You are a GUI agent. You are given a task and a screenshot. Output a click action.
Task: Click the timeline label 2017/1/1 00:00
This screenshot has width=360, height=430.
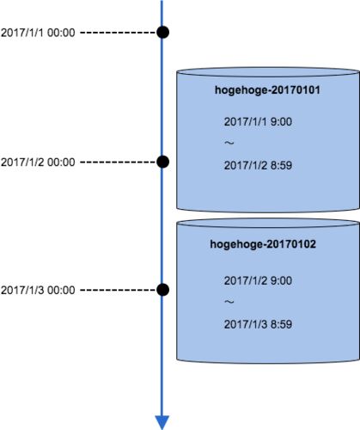click(x=38, y=33)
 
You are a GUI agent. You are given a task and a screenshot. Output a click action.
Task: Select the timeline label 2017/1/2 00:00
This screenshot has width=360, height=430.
click(x=38, y=163)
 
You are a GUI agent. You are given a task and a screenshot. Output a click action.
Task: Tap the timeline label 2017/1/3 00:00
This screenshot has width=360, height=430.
click(x=38, y=290)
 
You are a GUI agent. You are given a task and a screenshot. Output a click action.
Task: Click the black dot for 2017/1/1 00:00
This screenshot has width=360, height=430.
click(x=162, y=32)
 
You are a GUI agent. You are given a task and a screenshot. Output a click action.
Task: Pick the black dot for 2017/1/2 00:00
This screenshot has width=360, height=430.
click(x=162, y=162)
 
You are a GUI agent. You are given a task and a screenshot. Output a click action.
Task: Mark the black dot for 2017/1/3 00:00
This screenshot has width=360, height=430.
click(x=162, y=290)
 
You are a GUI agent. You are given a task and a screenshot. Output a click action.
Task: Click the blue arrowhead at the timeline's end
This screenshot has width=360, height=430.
click(x=162, y=422)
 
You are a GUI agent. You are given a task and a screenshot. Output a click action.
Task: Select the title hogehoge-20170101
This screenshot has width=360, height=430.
click(x=267, y=90)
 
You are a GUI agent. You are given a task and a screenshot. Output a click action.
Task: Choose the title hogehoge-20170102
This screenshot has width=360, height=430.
click(x=263, y=244)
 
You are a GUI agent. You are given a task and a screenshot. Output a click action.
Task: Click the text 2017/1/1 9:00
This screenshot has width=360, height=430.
click(x=258, y=121)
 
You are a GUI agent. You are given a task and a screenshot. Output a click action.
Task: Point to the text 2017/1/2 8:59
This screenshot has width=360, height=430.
click(x=258, y=165)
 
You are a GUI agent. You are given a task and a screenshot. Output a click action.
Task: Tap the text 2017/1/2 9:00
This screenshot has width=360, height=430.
click(x=258, y=280)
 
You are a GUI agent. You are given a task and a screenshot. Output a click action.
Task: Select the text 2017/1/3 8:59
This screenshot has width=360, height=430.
click(x=258, y=324)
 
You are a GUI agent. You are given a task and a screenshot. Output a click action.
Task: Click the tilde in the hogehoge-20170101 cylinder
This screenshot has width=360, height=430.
click(x=229, y=143)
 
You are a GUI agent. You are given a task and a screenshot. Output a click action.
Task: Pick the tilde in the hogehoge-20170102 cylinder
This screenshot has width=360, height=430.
click(x=229, y=302)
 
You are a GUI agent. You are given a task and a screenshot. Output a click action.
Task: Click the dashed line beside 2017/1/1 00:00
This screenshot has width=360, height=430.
click(x=118, y=33)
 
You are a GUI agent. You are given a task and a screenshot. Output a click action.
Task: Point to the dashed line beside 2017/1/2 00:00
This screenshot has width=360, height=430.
click(x=118, y=163)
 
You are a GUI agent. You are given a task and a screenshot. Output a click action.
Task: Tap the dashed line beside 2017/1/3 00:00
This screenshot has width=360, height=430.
click(x=118, y=290)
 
